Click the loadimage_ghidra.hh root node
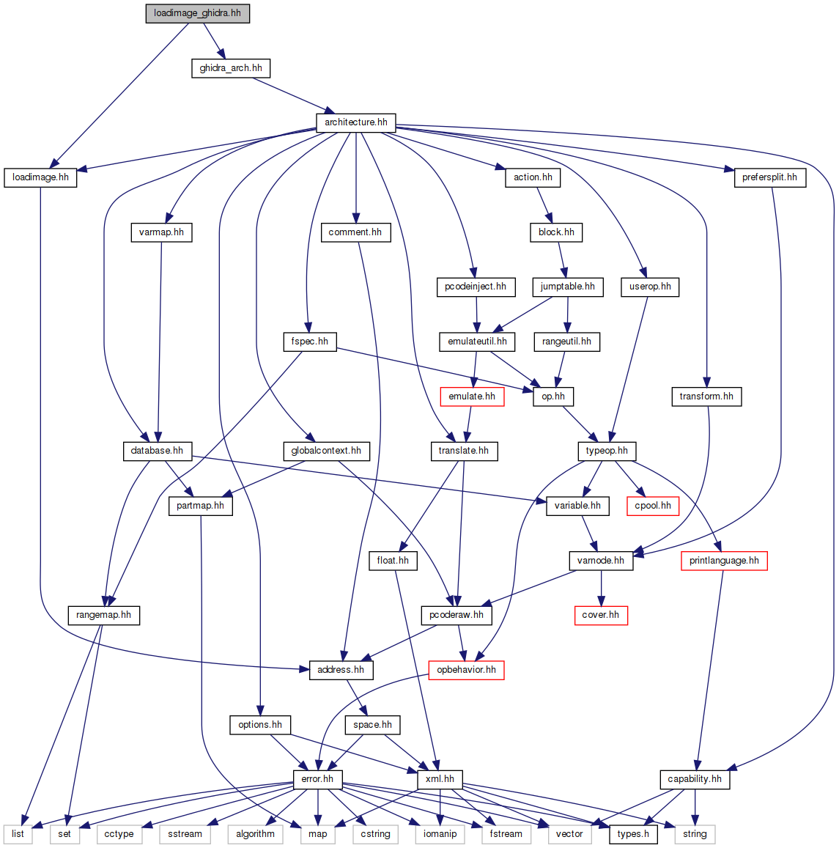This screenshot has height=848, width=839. (197, 13)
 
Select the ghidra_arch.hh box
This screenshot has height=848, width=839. (231, 68)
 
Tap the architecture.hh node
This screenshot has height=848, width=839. (356, 122)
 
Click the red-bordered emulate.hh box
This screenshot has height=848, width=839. (472, 397)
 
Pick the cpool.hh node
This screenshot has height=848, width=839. (653, 506)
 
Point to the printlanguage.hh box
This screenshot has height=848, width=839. (724, 561)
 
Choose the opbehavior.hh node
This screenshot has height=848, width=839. (466, 670)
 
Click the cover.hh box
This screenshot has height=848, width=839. (601, 615)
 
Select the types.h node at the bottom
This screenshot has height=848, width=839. (633, 834)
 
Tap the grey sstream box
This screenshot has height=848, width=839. (185, 834)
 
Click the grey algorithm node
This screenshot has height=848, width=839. (256, 834)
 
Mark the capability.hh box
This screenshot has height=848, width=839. (695, 779)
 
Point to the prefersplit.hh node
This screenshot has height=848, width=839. (769, 177)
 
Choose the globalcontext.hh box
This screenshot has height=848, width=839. (326, 451)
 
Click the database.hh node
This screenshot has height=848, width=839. (157, 451)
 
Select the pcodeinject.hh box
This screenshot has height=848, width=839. (476, 287)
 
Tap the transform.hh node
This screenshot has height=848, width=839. (706, 397)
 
